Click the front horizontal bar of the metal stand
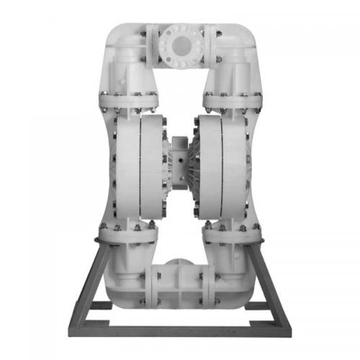point(180,332)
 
